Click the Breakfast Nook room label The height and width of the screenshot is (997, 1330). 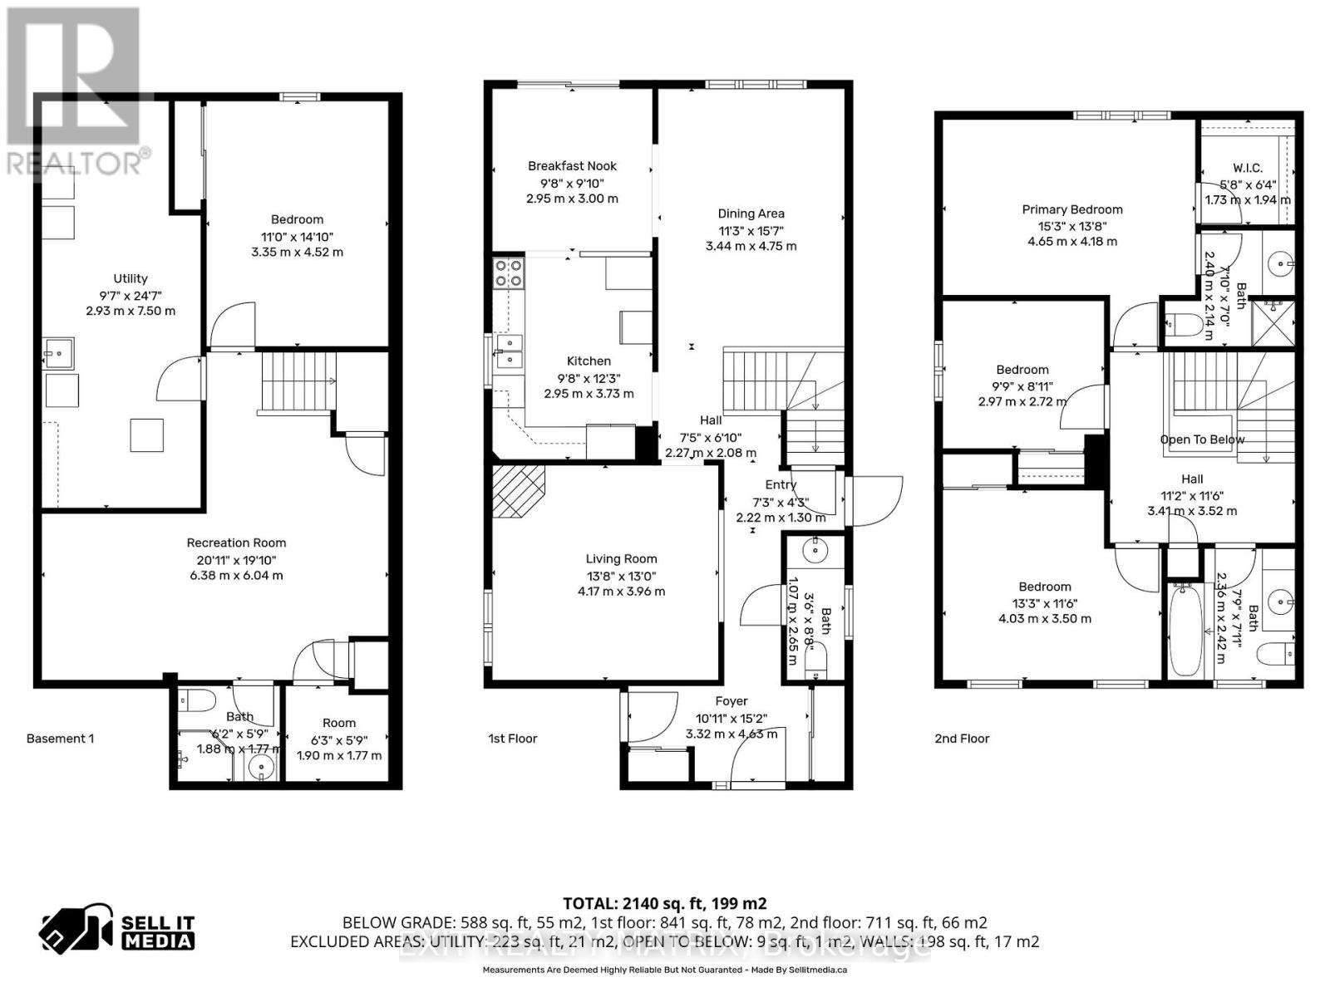572,166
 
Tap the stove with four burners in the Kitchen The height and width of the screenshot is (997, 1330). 508,273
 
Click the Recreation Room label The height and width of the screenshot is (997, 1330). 236,543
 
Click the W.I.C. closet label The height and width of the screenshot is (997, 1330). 1247,169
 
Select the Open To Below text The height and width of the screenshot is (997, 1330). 1202,439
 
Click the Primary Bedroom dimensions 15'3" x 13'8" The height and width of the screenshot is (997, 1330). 1072,226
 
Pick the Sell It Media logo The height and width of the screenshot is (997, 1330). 118,931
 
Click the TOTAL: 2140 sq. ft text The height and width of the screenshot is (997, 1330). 663,903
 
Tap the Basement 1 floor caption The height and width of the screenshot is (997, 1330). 60,738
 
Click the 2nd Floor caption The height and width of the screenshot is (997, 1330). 962,738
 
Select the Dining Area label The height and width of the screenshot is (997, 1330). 751,214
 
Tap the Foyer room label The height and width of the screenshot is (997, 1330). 731,701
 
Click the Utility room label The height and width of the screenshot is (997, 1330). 131,278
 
